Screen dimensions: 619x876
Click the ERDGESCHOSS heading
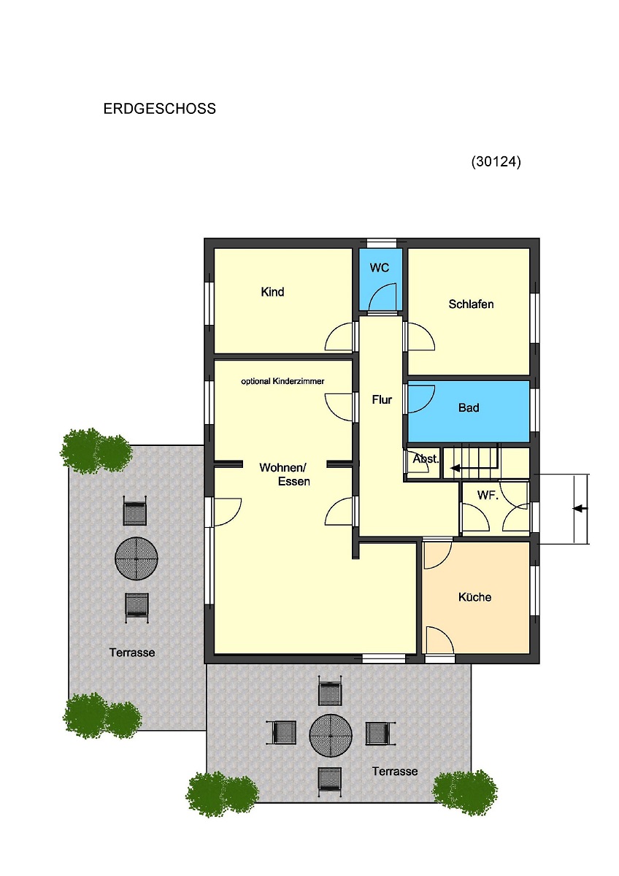click(160, 109)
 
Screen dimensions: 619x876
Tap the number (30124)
click(496, 161)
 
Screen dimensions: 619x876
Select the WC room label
click(380, 268)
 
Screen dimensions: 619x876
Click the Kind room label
click(272, 292)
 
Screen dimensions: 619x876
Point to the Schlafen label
click(471, 304)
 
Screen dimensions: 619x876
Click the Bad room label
click(469, 408)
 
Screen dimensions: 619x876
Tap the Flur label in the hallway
click(382, 400)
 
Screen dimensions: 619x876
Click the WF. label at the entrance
click(488, 495)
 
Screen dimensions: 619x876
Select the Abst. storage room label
click(426, 458)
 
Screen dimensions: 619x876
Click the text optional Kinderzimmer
click(282, 381)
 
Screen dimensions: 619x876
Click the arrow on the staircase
click(473, 468)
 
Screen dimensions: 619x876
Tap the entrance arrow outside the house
click(580, 508)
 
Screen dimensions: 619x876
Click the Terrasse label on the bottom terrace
click(395, 772)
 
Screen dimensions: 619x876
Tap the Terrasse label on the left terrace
click(132, 653)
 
